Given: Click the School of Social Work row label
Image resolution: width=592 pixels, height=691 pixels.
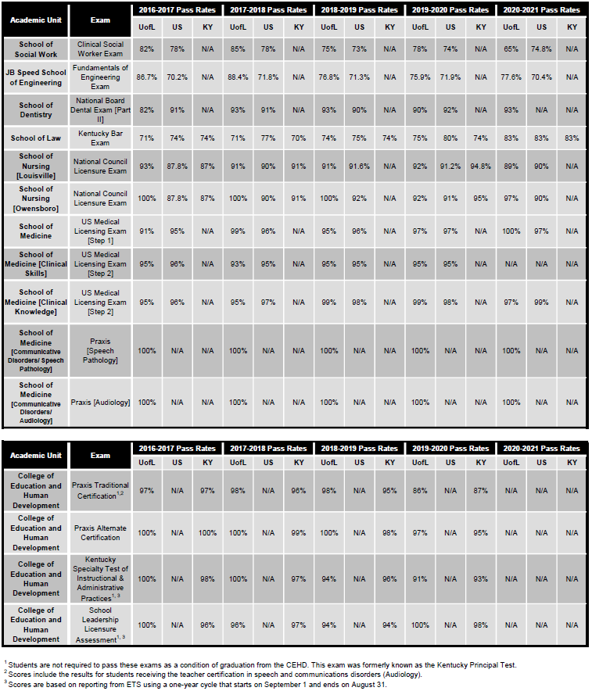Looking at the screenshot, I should tap(36, 49).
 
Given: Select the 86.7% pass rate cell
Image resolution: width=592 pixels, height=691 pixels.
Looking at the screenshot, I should tap(146, 77).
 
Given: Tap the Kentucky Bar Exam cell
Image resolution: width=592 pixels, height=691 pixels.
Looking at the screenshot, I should tap(100, 138).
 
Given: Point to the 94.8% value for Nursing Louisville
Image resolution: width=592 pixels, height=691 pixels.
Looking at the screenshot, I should tap(481, 166).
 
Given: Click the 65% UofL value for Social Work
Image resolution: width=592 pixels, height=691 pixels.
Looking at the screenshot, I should tap(511, 48).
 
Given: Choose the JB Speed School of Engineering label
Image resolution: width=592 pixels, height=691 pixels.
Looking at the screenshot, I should tap(36, 77).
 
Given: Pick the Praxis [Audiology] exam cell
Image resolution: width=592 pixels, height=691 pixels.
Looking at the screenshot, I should tap(100, 402).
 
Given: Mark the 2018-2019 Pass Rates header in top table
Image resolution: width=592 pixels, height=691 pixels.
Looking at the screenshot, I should tap(360, 10).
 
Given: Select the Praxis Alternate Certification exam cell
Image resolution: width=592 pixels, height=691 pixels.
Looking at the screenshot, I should tap(100, 532).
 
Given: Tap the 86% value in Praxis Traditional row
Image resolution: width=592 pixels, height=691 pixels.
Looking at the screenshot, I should tap(420, 490).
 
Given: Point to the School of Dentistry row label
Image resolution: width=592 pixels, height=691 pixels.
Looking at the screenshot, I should tap(36, 109).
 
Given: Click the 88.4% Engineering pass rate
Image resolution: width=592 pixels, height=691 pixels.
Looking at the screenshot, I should tap(238, 77).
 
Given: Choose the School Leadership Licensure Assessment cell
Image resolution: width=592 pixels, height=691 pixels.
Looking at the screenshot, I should tap(100, 625).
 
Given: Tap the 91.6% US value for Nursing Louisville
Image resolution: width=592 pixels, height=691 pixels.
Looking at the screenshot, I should tap(360, 166).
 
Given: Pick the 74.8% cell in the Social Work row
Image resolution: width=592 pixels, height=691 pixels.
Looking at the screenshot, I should tap(541, 48).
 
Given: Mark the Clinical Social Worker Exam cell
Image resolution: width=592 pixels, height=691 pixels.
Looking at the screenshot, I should tap(100, 49).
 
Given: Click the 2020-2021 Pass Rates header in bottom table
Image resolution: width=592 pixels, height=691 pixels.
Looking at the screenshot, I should tap(542, 448).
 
